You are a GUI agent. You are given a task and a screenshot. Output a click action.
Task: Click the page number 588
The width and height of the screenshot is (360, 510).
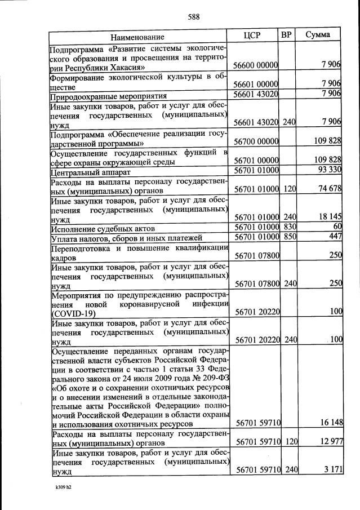point(194,16)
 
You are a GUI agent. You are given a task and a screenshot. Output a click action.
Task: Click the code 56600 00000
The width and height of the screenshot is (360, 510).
point(256,66)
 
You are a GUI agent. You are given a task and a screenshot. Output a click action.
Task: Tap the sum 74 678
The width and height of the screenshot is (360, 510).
point(327,188)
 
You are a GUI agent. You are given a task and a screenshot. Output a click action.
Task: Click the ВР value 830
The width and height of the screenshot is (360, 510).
point(289,227)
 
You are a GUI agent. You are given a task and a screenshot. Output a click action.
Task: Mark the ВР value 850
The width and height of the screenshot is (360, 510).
point(289,237)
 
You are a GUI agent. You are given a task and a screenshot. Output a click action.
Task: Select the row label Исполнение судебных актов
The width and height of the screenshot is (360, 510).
point(103,229)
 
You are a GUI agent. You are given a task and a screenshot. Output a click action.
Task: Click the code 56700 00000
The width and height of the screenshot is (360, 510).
point(256,140)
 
